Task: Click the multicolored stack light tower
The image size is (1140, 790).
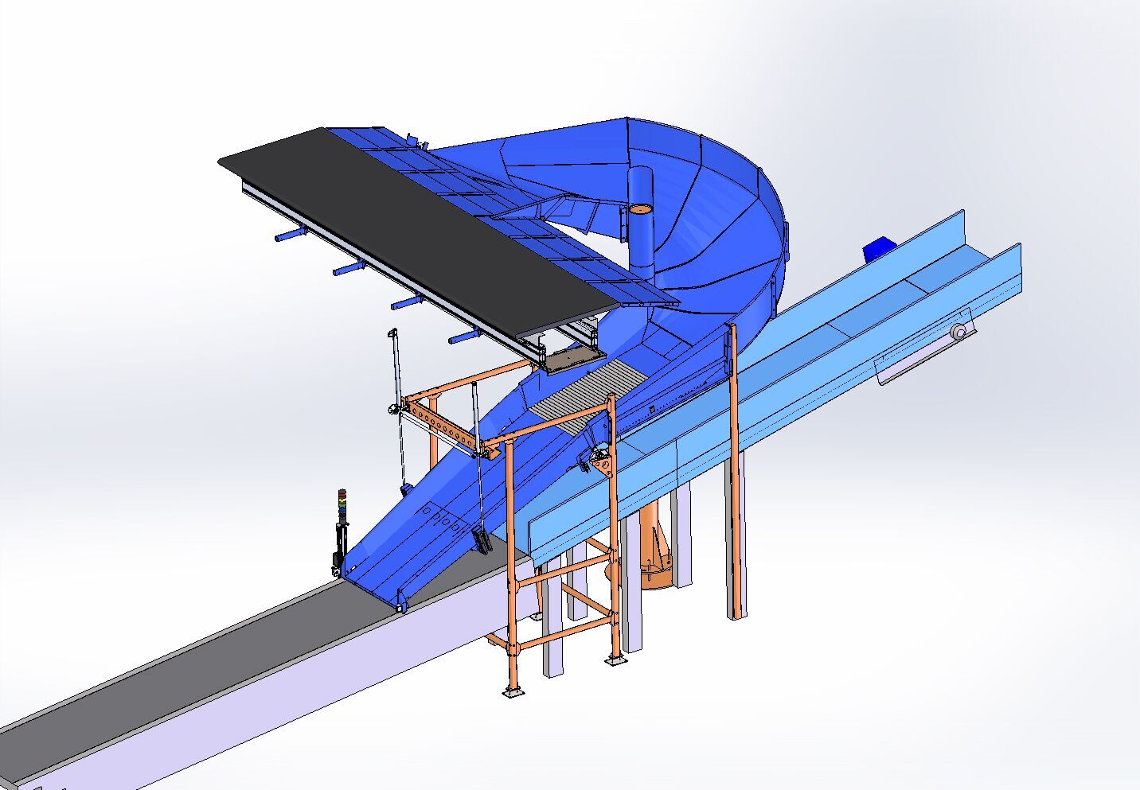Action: pyautogui.click(x=342, y=509)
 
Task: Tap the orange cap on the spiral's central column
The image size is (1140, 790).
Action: pyautogui.click(x=639, y=208)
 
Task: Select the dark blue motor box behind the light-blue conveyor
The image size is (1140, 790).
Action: pyautogui.click(x=878, y=247)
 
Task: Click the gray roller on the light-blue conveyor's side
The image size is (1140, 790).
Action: pyautogui.click(x=961, y=332)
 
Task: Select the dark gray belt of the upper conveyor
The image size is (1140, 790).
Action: pyautogui.click(x=414, y=215)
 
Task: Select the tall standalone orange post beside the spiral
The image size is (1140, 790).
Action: pyautogui.click(x=735, y=477)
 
